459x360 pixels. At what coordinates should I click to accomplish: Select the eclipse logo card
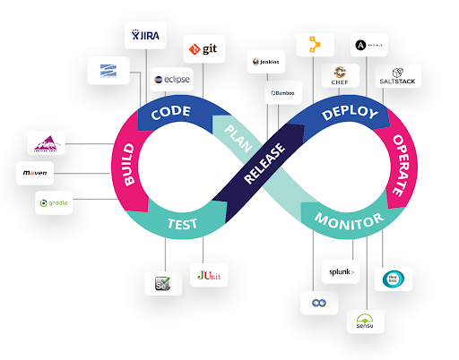tap(171, 80)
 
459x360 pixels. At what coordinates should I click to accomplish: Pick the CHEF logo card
tap(340, 75)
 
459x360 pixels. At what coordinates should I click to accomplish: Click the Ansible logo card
tap(369, 46)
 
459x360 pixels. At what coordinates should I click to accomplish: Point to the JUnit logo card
tap(211, 275)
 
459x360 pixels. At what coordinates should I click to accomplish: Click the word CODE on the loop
tap(171, 114)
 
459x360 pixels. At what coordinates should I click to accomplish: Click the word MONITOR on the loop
tap(349, 220)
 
